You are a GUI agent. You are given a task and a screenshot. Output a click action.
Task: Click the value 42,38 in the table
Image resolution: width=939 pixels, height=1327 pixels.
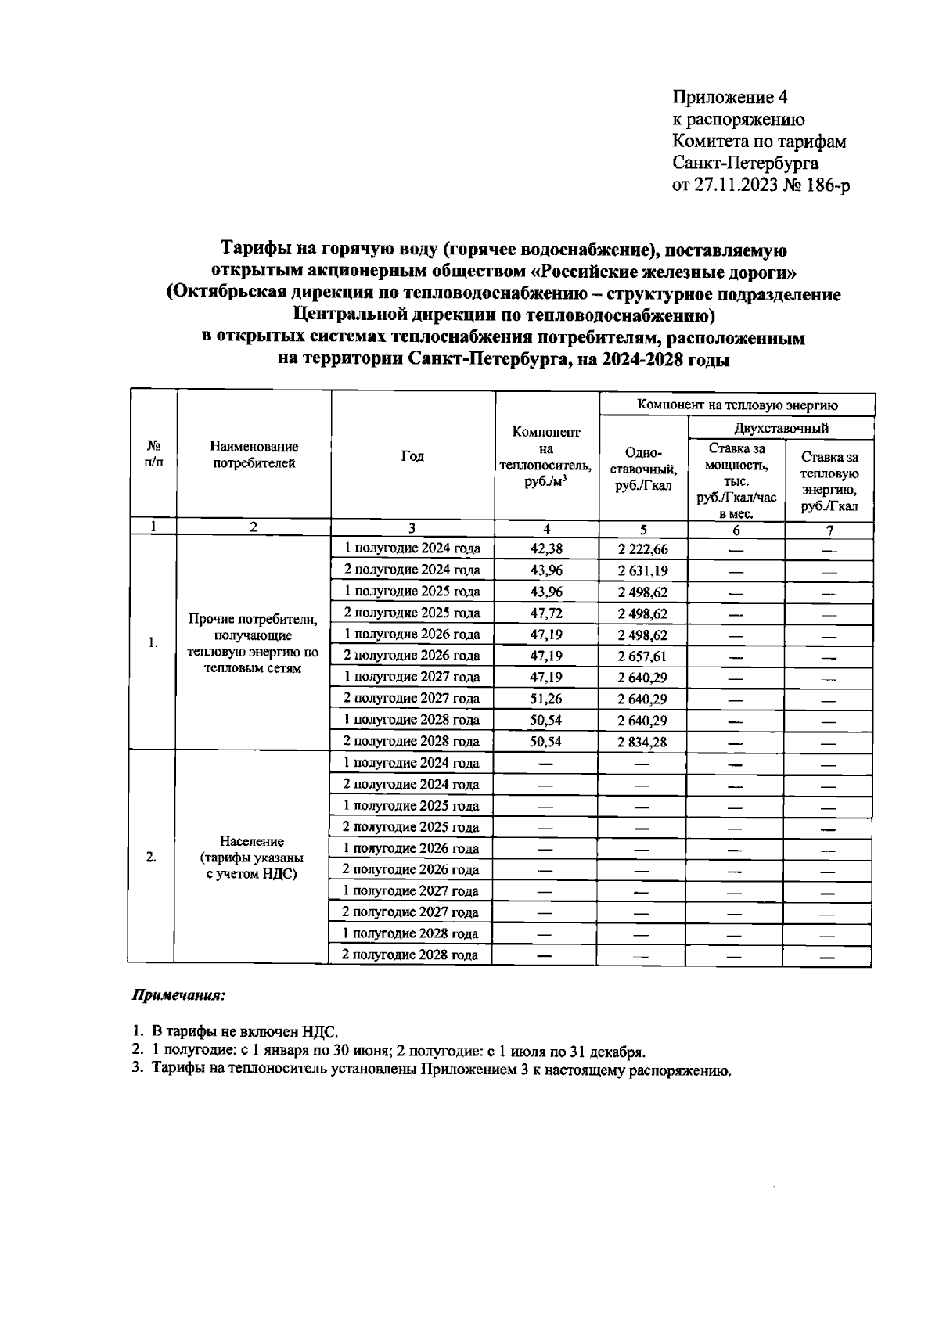point(546,549)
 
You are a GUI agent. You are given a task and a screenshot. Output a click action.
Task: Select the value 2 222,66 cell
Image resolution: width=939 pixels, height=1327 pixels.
point(642,549)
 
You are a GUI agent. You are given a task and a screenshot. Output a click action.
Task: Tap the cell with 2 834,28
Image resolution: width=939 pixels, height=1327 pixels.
point(642,742)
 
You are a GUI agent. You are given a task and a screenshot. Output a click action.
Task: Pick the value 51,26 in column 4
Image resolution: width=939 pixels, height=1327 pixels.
point(546,699)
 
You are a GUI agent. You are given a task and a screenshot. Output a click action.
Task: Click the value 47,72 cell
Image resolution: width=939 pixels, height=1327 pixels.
point(546,613)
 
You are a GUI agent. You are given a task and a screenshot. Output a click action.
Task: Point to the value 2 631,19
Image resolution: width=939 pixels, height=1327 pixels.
point(642,570)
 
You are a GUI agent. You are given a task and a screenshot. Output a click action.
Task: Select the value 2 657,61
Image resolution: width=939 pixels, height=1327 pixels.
point(642,656)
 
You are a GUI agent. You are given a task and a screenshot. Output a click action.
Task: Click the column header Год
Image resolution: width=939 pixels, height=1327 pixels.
point(412,456)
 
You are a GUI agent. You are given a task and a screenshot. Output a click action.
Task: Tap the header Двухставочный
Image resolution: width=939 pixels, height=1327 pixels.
point(781,428)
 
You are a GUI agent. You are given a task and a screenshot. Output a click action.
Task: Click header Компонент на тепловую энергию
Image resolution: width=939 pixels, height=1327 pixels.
point(737,405)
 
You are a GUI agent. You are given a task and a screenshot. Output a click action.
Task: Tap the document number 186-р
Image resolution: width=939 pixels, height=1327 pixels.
point(829,185)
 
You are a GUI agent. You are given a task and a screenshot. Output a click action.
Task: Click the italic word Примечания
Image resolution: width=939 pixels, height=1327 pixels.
point(178,997)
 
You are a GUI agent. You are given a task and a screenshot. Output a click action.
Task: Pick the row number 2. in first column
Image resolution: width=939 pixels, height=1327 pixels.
point(151,857)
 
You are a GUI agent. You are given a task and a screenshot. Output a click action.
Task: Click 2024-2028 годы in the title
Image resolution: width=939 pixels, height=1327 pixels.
point(662,361)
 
